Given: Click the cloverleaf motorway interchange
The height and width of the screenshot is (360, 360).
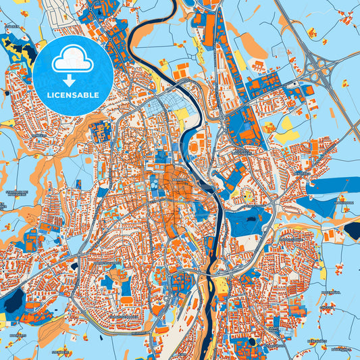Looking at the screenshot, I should point(320,68).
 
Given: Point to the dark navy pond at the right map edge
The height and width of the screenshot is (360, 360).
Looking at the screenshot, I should point(353,230).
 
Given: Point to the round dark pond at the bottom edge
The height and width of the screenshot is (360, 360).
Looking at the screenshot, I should point(252,341).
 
